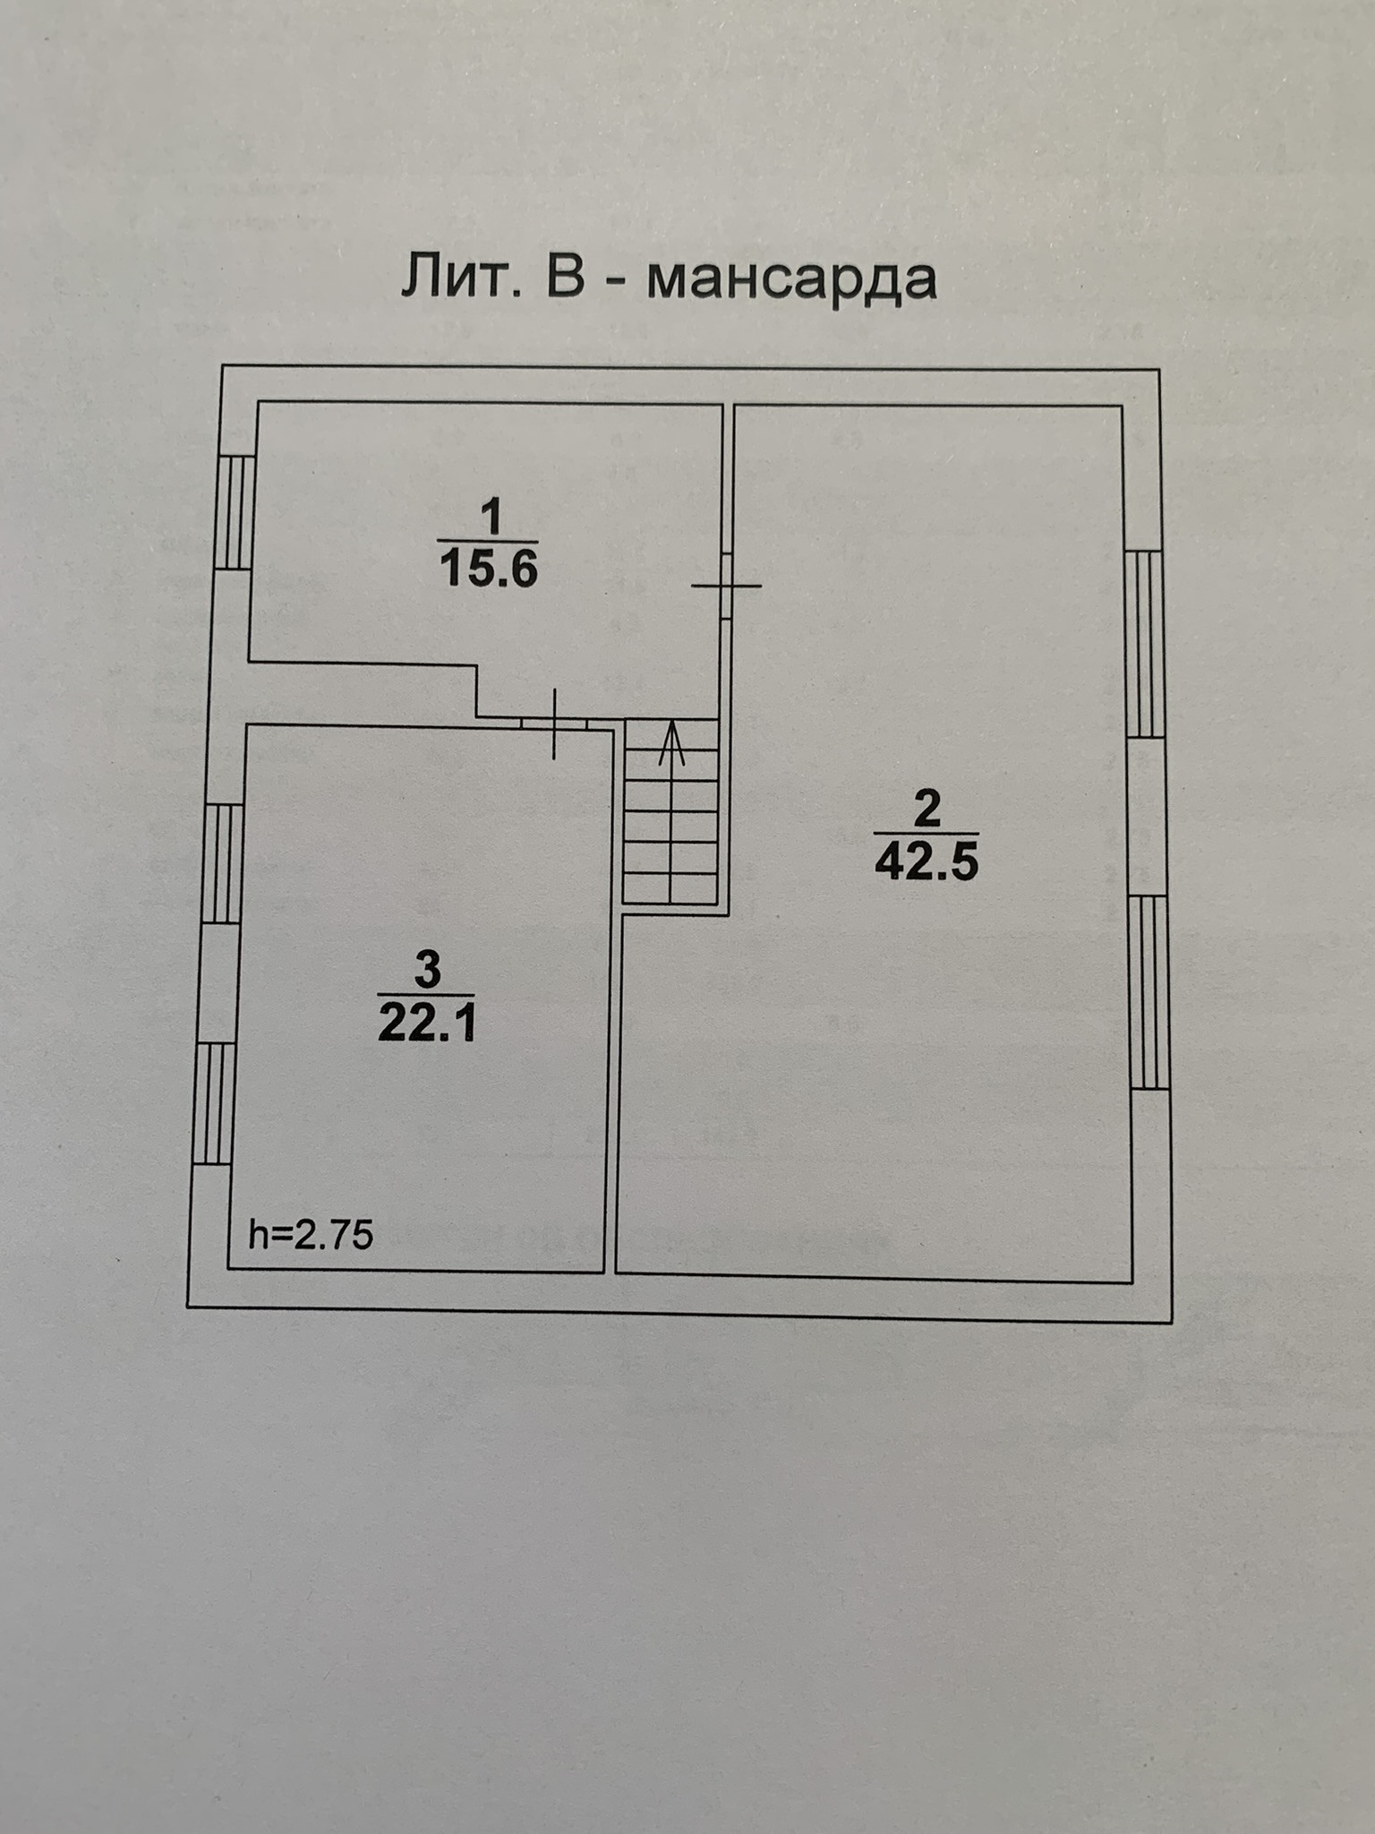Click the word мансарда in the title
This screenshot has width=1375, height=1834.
(x=791, y=280)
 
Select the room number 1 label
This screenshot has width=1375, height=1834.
(x=491, y=518)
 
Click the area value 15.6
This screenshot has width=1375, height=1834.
(x=489, y=568)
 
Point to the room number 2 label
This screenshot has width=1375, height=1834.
(x=927, y=810)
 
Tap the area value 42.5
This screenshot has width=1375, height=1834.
(x=927, y=861)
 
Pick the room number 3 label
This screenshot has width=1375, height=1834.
(x=427, y=970)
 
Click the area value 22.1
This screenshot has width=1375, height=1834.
(x=426, y=1022)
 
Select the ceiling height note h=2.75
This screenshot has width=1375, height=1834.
(x=311, y=1236)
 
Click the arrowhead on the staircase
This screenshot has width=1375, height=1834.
(x=671, y=743)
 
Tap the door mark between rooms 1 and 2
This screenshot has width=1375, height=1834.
(x=727, y=586)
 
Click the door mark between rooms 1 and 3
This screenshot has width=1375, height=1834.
(x=554, y=723)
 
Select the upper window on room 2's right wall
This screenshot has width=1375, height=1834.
(x=1144, y=643)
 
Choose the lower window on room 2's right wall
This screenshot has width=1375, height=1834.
(x=1149, y=991)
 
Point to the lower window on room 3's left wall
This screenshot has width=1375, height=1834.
(x=213, y=1103)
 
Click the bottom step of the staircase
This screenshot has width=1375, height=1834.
(x=671, y=887)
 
